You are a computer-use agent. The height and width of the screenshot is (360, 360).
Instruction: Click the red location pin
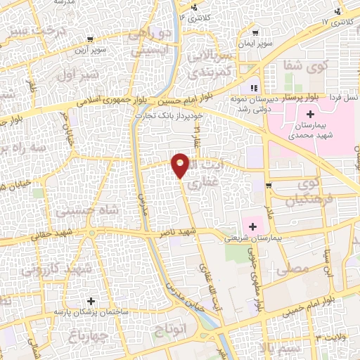tap(181, 164)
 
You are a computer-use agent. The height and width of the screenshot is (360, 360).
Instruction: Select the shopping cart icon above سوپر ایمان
tap(255, 31)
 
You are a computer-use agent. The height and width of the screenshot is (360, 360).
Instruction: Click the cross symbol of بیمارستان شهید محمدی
tap(310, 114)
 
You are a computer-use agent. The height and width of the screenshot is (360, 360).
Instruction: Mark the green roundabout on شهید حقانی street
tap(91, 232)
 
